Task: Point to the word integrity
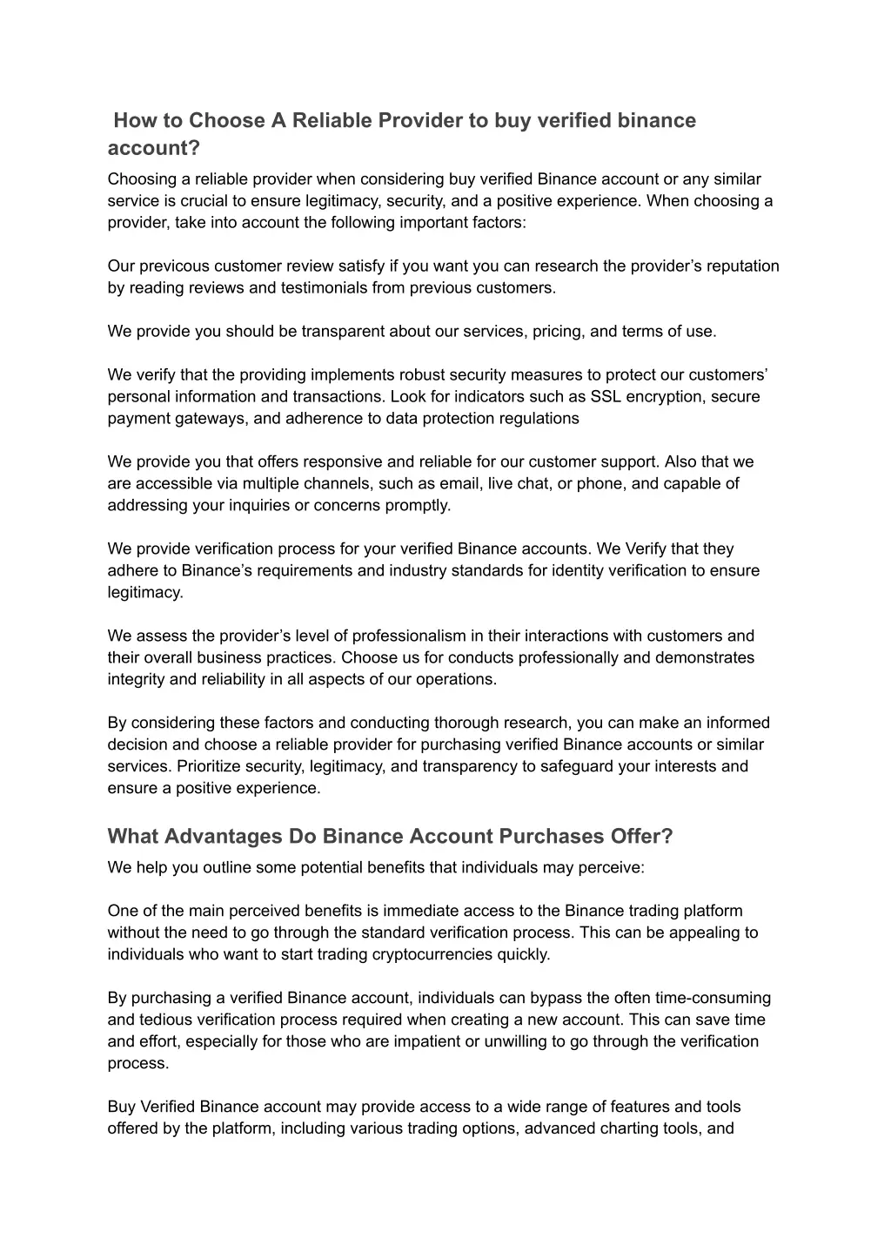click(137, 680)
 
